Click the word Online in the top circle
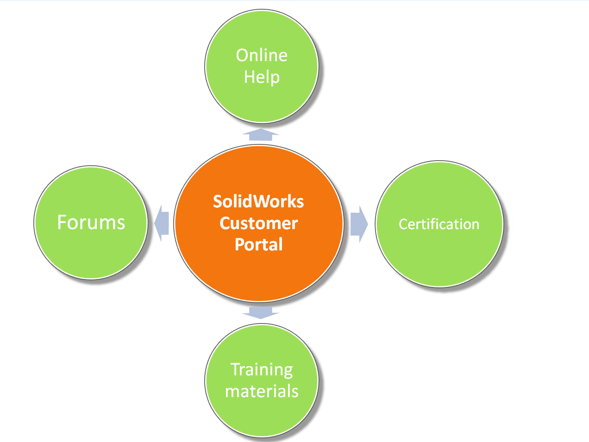coord(262,56)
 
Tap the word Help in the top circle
coord(262,77)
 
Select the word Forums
coord(91,223)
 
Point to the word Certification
coord(439,224)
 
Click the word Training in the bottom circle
coord(262,370)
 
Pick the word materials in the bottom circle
coord(262,392)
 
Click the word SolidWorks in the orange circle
coord(258,202)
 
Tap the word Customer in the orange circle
coord(258,223)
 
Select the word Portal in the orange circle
coord(258,244)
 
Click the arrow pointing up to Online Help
coord(261,135)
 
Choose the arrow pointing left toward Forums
coord(162,223)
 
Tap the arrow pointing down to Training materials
coord(261,312)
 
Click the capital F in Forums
coord(62,223)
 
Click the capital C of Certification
coord(403,224)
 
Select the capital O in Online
coord(242,56)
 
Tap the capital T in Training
coord(235,369)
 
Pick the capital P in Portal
coord(240,244)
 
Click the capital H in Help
coord(249,76)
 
